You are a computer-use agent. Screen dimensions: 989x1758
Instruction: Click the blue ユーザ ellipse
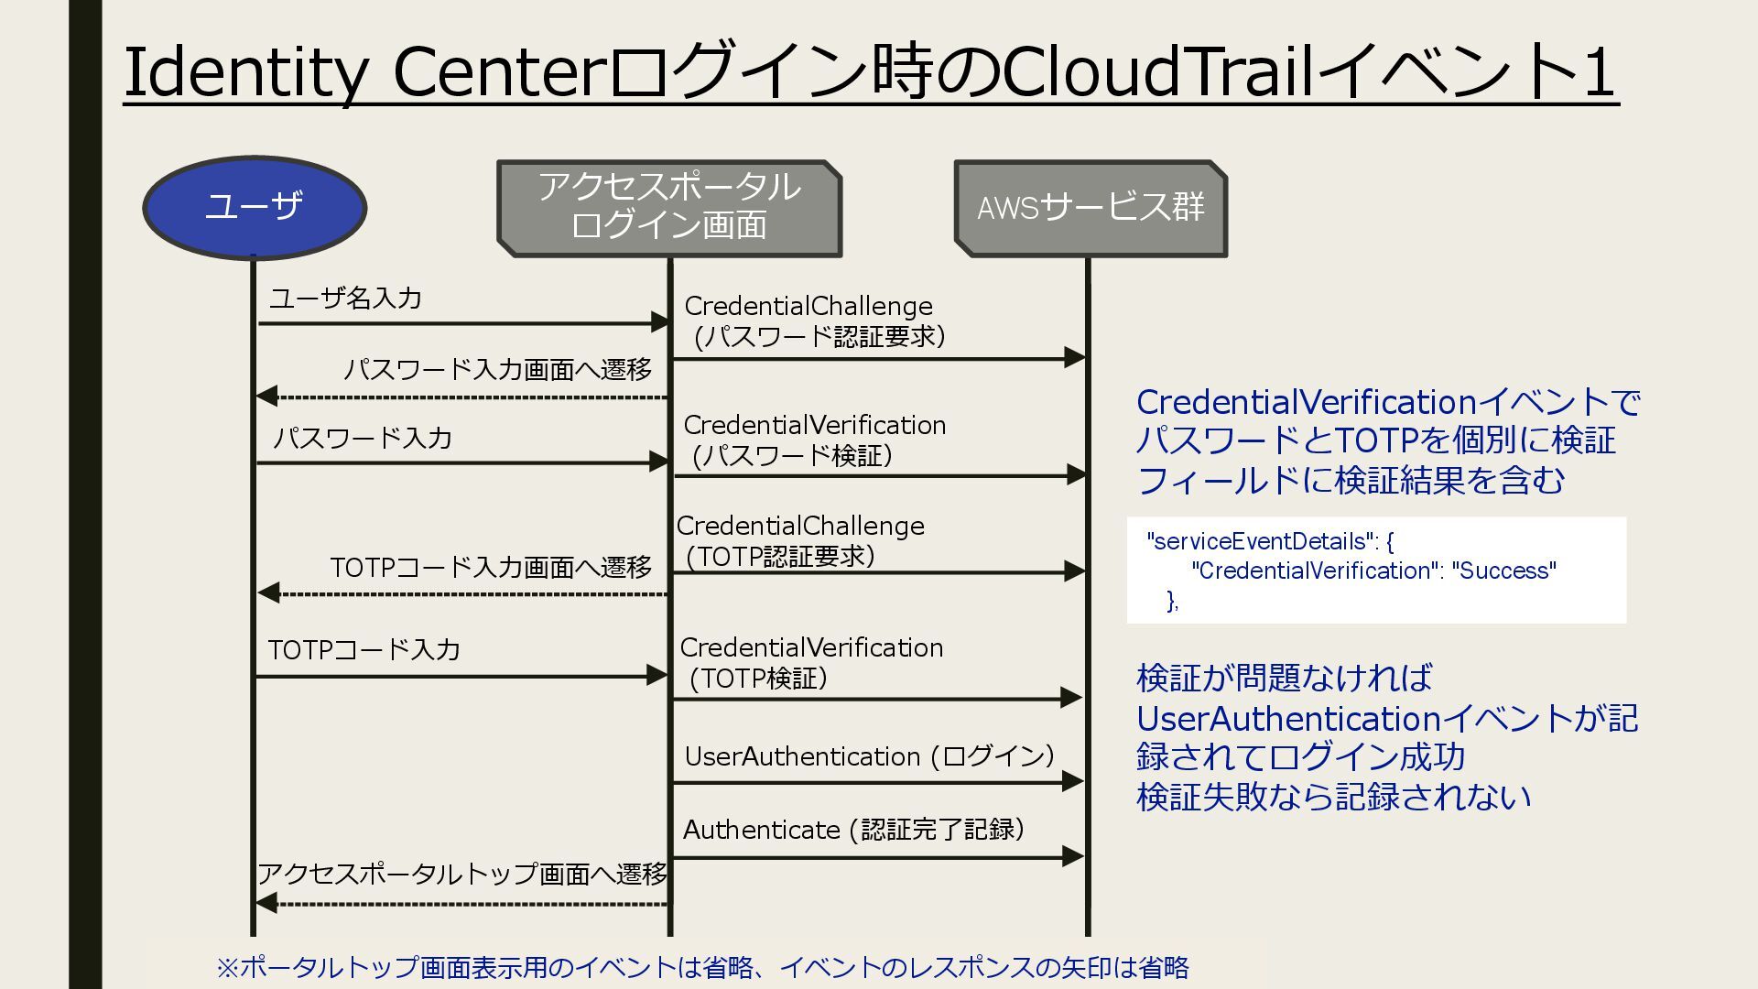tap(255, 208)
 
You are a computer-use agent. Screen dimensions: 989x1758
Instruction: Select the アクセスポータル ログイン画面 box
tap(669, 208)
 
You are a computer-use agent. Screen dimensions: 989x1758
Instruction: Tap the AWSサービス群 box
tap(1091, 208)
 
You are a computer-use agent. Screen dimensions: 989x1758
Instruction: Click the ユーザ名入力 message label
tap(345, 299)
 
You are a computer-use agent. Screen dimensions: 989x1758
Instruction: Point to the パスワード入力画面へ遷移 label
tap(497, 370)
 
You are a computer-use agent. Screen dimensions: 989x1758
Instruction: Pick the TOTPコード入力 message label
tap(364, 650)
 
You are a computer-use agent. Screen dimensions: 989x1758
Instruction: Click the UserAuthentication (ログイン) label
tap(869, 756)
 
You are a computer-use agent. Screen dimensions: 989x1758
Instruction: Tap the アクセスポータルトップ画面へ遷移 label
tap(462, 874)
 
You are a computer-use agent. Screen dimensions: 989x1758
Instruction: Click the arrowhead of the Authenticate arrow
tap(1072, 857)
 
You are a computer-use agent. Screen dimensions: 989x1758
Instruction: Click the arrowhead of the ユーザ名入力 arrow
tap(659, 322)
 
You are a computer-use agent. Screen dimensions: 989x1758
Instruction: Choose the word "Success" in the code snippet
tap(1503, 571)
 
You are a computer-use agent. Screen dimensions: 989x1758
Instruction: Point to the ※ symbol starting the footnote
tap(227, 967)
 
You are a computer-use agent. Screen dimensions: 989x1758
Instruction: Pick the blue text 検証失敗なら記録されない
tap(1333, 797)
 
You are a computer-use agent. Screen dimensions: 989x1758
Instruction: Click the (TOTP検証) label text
tap(758, 679)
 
